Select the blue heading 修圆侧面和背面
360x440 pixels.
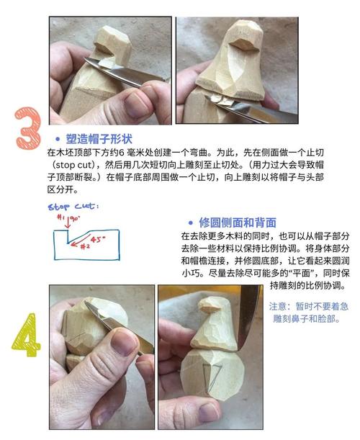pyautogui.click(x=237, y=223)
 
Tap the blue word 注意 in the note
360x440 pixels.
pyautogui.click(x=278, y=306)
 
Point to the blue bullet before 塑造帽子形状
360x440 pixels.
pyautogui.click(x=57, y=139)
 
